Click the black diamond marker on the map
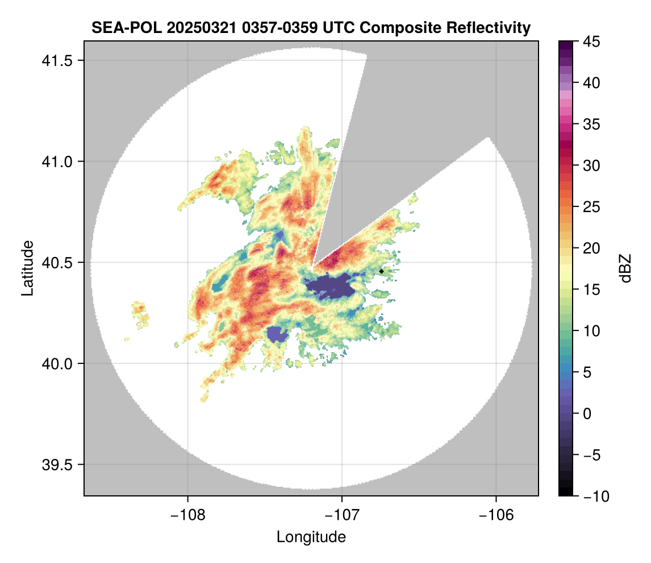click(381, 271)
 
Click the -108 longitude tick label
click(187, 515)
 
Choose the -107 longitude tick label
click(342, 515)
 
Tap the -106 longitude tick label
click(496, 515)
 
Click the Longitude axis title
click(311, 537)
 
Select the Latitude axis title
click(27, 268)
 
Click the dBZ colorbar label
click(625, 268)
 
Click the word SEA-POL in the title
click(126, 27)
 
